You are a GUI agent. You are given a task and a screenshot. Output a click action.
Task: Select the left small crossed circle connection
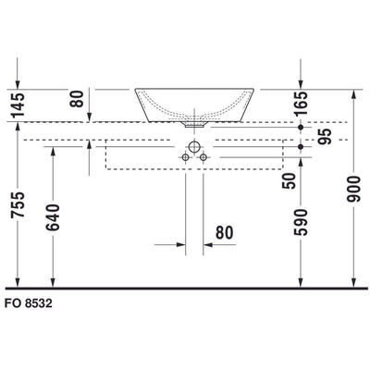click(185, 158)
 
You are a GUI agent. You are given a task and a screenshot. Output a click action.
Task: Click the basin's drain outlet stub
click(196, 120)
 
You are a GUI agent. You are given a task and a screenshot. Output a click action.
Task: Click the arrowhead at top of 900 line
click(355, 94)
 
